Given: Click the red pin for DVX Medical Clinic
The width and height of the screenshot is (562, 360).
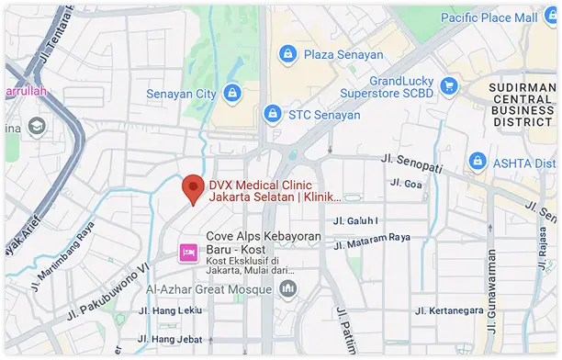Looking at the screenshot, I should click(192, 188).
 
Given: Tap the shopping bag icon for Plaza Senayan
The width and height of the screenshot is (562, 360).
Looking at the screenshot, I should click(287, 55).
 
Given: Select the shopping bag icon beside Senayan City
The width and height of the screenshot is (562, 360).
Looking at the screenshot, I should click(232, 94).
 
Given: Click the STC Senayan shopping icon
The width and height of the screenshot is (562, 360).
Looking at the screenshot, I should click(271, 114).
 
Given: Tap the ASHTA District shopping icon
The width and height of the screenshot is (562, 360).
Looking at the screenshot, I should click(477, 161).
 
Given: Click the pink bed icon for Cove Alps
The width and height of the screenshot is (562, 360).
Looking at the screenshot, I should click(188, 251).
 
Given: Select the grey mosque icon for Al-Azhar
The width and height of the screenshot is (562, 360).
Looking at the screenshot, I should click(288, 289).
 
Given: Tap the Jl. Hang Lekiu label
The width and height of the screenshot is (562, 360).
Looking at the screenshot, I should click(168, 310).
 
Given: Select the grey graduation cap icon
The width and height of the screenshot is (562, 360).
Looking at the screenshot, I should click(39, 126).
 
